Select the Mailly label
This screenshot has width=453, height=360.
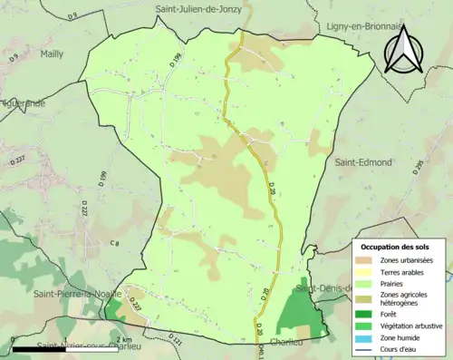point(53,54)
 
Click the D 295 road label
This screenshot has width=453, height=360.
point(419,167)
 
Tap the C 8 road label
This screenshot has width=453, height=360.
point(114,243)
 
